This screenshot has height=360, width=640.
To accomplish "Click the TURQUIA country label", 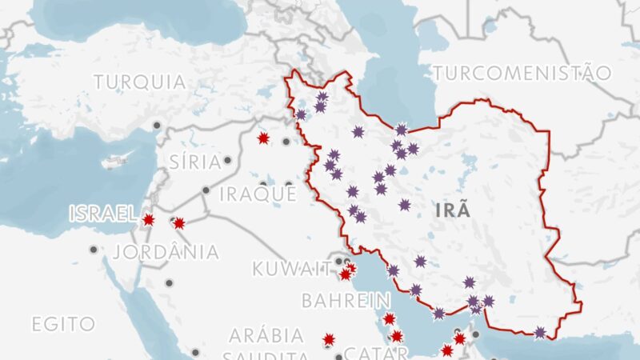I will (x=140, y=82).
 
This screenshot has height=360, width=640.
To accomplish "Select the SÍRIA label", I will (x=195, y=162).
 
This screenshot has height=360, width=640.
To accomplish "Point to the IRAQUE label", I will (x=258, y=194).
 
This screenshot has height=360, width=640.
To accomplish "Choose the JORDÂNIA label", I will (x=166, y=252).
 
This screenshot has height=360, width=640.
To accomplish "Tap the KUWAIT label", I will (x=291, y=268).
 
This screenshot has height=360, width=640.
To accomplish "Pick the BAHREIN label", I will (x=334, y=301).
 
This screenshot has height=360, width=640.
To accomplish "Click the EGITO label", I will (x=63, y=324).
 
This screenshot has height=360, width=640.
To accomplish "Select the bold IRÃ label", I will (x=454, y=211).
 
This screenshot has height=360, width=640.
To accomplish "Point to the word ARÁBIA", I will (x=266, y=335).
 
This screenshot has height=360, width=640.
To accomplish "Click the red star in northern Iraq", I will (x=263, y=138).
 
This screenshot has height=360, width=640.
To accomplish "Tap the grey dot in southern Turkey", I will (x=158, y=125).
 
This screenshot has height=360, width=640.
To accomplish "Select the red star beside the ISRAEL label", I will (x=148, y=219).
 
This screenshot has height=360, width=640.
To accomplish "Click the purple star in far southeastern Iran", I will (x=541, y=332).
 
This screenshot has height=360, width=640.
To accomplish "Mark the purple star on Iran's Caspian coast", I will (x=401, y=130).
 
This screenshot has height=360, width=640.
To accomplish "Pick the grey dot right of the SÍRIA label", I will (x=227, y=160).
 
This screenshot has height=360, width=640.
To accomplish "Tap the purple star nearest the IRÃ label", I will (x=405, y=205).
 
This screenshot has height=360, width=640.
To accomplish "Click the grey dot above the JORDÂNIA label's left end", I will (x=94, y=250).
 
